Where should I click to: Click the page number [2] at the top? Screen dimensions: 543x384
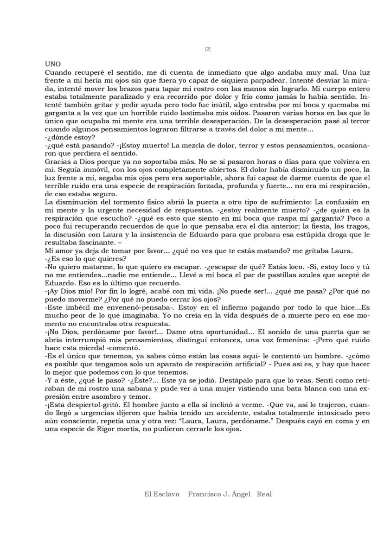208,49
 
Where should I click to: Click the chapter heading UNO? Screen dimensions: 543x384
53,64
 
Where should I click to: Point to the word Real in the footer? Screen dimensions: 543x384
264,494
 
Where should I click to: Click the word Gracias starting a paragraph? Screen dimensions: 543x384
58,162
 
